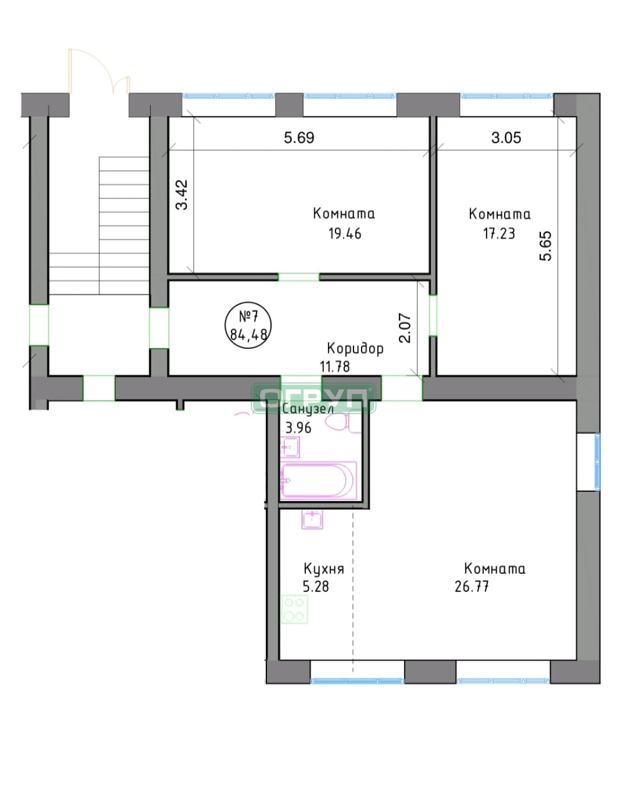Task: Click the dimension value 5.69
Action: [x=299, y=137]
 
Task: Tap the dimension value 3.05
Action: [x=506, y=137]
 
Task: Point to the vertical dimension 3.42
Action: [x=182, y=195]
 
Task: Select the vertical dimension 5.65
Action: [x=545, y=246]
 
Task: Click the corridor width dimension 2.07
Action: [x=405, y=328]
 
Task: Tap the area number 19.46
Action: [x=345, y=234]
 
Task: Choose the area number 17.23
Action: [x=499, y=234]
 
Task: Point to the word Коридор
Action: [x=355, y=348]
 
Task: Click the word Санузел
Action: [x=307, y=409]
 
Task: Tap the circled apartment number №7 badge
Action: [x=248, y=325]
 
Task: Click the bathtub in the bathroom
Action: [x=318, y=481]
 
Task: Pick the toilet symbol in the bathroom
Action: [x=340, y=422]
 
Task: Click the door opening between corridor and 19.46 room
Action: [x=299, y=277]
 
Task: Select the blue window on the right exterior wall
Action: [x=597, y=461]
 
